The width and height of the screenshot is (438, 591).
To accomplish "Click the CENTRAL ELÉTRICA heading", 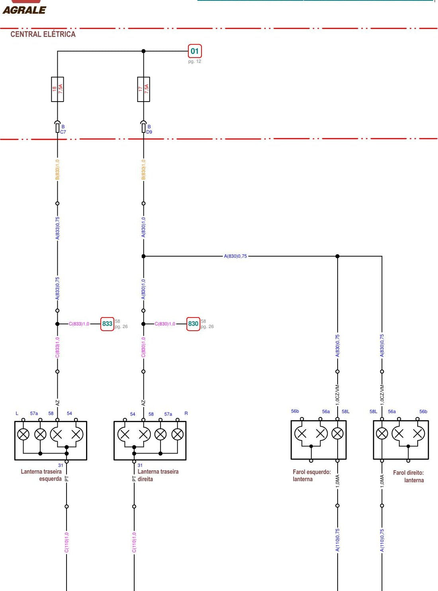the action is coord(43,34).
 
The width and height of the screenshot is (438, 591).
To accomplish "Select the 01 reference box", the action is coord(195,51).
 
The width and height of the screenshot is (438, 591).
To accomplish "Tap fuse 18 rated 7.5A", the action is coord(57,89).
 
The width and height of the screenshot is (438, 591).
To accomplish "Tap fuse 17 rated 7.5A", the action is coord(143,89).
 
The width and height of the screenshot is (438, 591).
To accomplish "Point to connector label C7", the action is coord(63,132).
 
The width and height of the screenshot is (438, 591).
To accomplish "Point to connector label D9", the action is coord(149,132).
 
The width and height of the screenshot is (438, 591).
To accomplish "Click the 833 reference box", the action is coord(107,324).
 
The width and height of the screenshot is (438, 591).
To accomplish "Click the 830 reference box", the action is coord(193,324).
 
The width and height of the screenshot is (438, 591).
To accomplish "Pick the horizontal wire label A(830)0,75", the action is coord(235,256).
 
